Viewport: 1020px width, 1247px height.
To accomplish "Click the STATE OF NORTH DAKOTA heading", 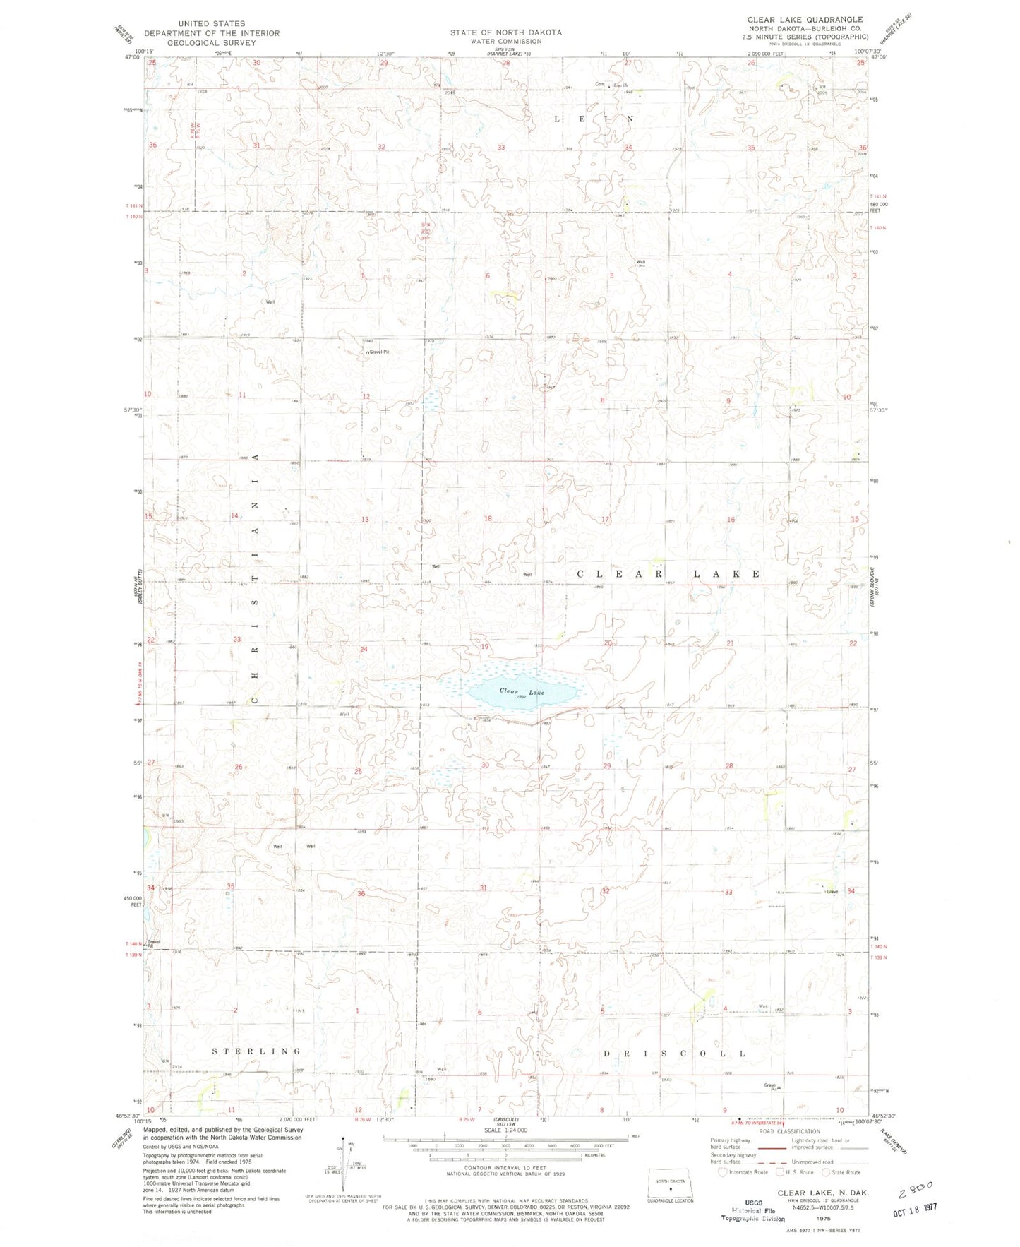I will [x=506, y=32].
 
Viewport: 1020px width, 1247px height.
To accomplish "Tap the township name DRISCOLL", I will [x=674, y=1054].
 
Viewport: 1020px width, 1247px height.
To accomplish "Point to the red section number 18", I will [x=487, y=519].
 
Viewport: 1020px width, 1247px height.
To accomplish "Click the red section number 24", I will [x=364, y=649].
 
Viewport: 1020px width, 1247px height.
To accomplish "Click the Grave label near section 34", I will [x=833, y=892].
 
